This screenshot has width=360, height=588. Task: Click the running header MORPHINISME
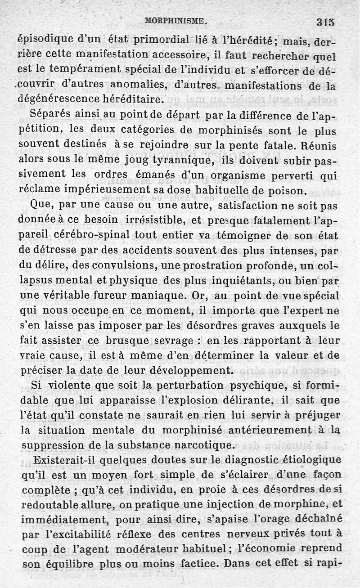[x=175, y=20]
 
